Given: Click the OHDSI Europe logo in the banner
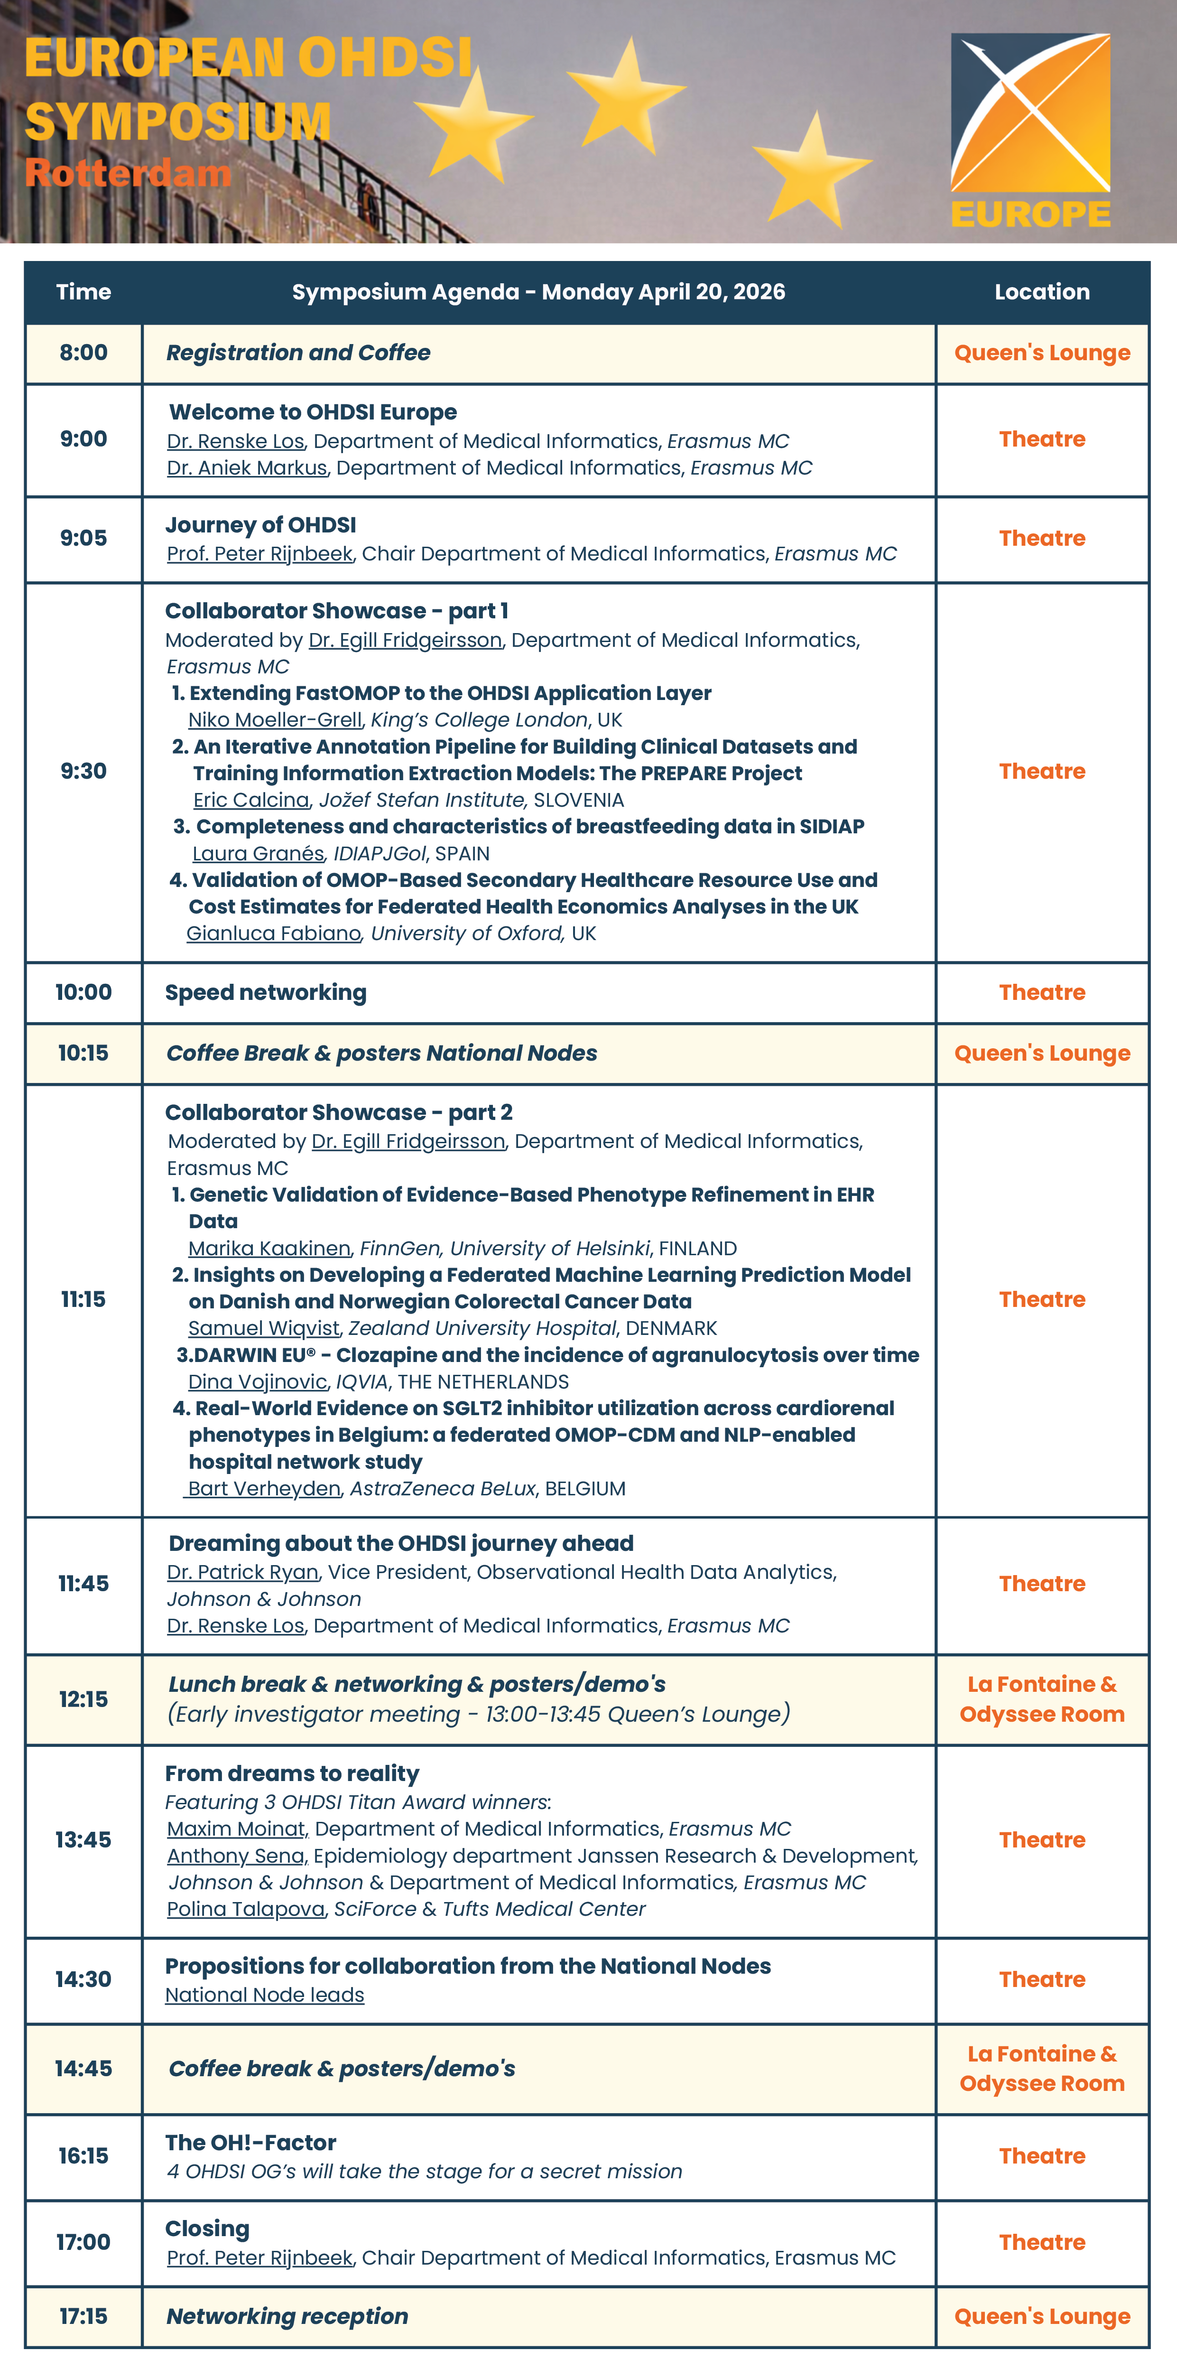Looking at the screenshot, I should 1030,130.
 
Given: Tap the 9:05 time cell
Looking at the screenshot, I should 83,539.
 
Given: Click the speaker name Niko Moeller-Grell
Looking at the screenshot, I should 275,720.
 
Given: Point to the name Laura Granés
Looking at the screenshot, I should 258,854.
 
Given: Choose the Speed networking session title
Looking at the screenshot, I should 266,993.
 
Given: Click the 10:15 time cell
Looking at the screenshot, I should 83,1054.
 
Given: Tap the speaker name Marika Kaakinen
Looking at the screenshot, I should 269,1249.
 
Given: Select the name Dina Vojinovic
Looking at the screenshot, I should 258,1382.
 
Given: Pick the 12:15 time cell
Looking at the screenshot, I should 83,1699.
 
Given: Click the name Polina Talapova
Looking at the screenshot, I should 245,1909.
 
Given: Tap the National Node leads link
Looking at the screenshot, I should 265,1996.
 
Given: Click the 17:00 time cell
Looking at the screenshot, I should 83,2243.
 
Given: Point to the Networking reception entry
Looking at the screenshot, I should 287,2317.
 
